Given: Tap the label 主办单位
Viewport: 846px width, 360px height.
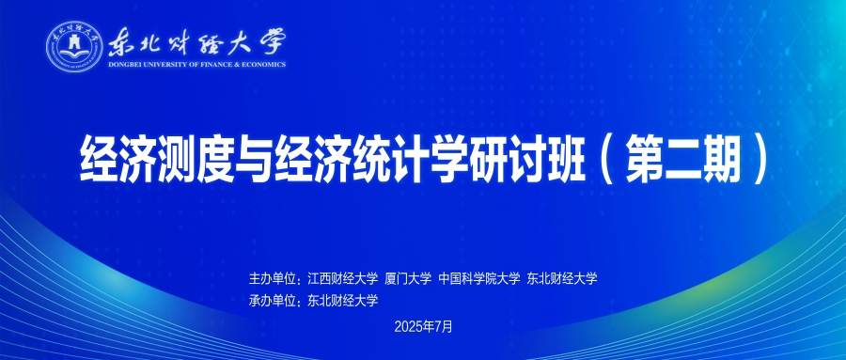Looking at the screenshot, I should coord(272,278).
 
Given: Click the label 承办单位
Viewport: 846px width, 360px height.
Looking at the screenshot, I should coord(272,301).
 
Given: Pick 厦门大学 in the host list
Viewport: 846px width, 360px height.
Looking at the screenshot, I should coord(408,278).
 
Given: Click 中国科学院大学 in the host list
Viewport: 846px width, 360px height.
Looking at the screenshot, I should coord(478,278).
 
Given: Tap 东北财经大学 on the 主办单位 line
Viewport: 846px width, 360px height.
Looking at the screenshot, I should coord(562,278).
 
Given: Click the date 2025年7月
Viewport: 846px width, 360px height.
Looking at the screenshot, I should coord(424,326).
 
